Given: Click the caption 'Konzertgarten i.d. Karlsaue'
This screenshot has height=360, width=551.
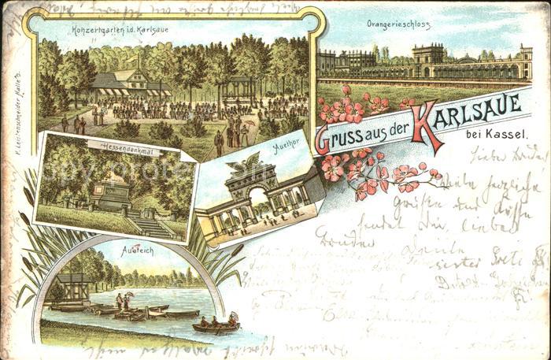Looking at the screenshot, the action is pyautogui.click(x=120, y=30).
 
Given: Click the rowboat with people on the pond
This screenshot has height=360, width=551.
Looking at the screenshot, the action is pyautogui.click(x=215, y=325).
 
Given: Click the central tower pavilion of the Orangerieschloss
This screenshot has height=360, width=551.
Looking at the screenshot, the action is pyautogui.click(x=428, y=61).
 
